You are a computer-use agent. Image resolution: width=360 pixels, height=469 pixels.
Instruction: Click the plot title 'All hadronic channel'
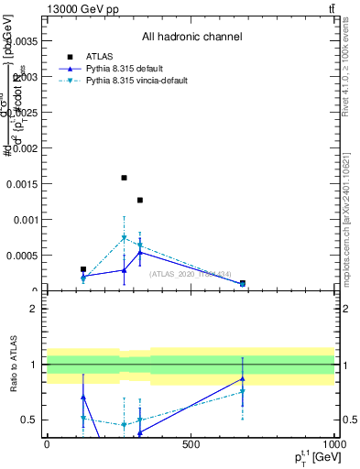(191, 38)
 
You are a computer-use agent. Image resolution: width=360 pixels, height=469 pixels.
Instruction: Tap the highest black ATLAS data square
(124, 178)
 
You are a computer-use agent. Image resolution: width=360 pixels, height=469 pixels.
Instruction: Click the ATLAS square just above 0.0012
(140, 200)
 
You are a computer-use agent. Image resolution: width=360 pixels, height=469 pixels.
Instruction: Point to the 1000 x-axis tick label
(333, 445)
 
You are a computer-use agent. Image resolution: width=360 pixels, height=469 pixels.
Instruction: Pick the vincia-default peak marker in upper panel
(124, 238)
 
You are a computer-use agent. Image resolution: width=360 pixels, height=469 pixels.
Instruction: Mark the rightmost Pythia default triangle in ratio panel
(243, 378)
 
